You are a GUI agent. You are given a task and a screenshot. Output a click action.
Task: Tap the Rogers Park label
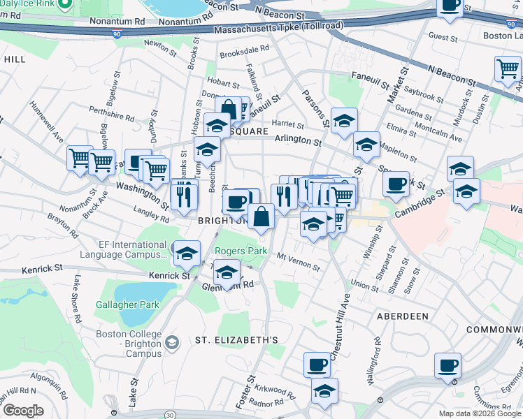pyautogui.click(x=240, y=251)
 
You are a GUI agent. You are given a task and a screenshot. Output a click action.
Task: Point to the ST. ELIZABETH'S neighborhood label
pyautogui.click(x=236, y=340)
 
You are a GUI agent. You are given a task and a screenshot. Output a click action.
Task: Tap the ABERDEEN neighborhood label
pyautogui.click(x=402, y=316)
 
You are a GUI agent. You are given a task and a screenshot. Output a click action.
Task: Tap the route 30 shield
pyautogui.click(x=170, y=416)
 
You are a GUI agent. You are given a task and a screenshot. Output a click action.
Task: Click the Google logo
pyautogui.click(x=23, y=411)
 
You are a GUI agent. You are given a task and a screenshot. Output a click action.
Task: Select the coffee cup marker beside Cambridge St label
pyautogui.click(x=396, y=184)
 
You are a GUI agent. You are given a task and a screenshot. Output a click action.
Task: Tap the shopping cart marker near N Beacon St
pyautogui.click(x=508, y=69)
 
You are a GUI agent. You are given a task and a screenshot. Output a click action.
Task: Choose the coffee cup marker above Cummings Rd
pyautogui.click(x=447, y=365)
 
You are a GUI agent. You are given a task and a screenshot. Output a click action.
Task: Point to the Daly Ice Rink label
pyautogui.click(x=27, y=3)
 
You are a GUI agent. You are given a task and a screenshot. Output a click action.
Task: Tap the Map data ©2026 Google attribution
pyautogui.click(x=480, y=413)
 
